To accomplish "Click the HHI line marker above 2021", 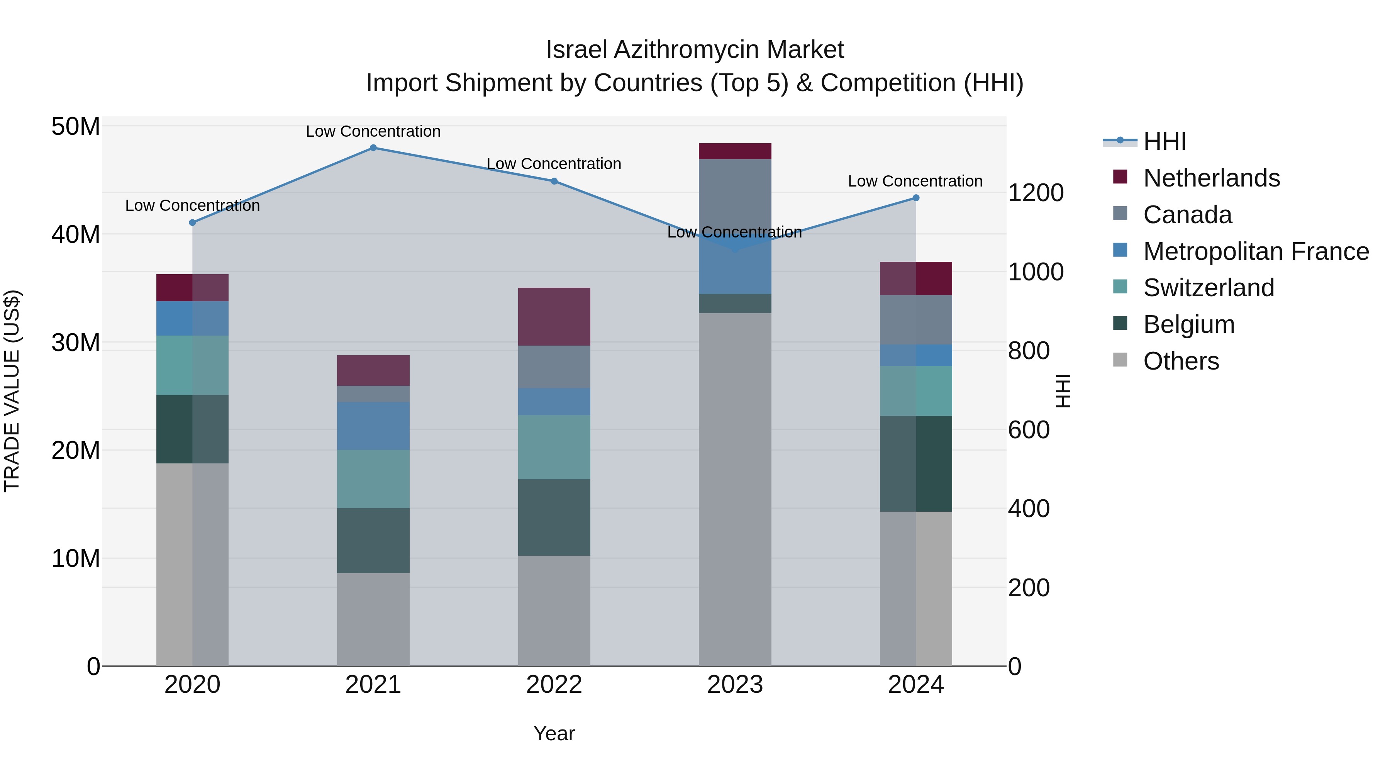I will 373,148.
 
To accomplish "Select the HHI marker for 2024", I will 916,198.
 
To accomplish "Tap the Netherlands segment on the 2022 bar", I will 554,317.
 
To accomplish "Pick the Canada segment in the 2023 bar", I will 735,194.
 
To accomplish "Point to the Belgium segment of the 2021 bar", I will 373,540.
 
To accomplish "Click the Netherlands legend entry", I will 1211,178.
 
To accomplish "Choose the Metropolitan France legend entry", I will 1255,251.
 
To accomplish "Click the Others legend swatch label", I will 1181,361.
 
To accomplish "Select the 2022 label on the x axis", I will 554,685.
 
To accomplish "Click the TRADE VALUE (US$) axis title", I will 12,391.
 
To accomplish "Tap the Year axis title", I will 554,733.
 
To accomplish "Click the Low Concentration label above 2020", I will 193,205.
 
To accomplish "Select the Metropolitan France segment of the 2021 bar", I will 373,426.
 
